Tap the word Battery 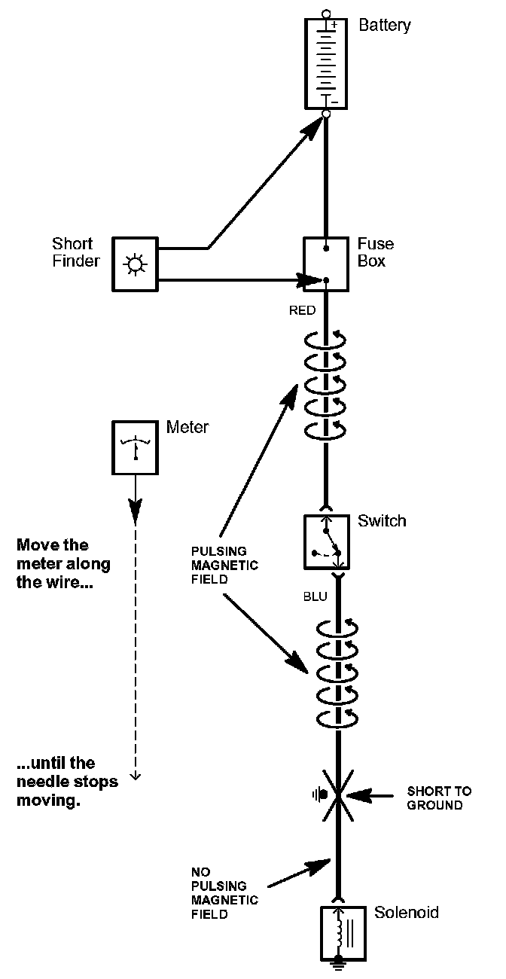click(385, 26)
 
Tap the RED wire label click(302, 310)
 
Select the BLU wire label click(315, 596)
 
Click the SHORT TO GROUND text click(439, 798)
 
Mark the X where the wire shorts click(337, 795)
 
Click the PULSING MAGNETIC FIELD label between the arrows click(224, 565)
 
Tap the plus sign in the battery click(334, 25)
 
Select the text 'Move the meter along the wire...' click(63, 564)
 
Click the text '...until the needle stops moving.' click(67, 782)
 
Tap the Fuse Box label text click(375, 252)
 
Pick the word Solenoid click(407, 913)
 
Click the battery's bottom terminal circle click(325, 114)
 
